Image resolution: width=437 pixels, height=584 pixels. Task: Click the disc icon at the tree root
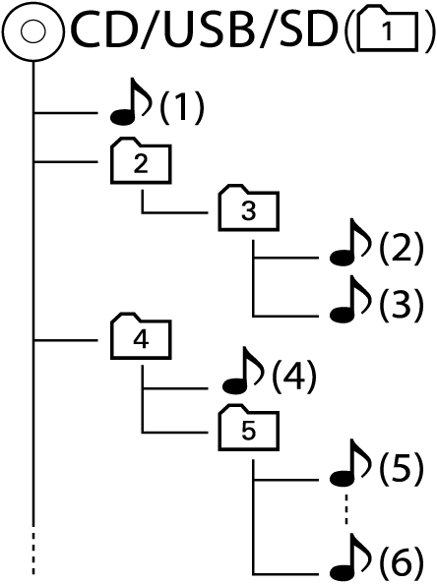pos(32,31)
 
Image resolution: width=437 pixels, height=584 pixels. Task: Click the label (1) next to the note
pos(182,107)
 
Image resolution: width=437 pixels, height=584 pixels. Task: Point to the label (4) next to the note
pos(294,377)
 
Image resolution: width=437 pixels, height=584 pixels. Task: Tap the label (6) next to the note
pos(402,562)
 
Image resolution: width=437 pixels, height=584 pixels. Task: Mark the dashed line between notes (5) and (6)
pos(346,509)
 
